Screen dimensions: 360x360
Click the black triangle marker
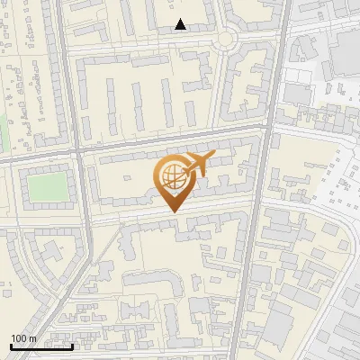181,24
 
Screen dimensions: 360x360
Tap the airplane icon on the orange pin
198,165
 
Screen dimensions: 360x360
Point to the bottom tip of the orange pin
172,211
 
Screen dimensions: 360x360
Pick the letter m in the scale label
33,338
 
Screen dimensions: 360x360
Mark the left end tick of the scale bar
11,346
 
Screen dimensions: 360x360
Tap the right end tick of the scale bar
72,346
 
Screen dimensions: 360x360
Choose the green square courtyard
47,188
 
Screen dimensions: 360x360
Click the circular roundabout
225,37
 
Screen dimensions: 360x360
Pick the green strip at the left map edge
3,135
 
